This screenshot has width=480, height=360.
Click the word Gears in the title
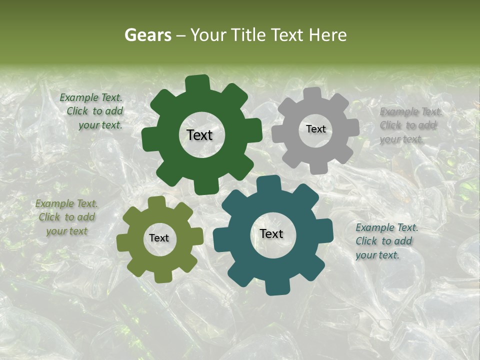147,35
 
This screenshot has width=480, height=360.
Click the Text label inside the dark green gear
199,135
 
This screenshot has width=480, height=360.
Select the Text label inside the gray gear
315,129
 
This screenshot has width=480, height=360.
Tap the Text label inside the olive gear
159,238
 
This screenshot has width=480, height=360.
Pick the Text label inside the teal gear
271,233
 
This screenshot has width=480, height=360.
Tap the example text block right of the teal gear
386,241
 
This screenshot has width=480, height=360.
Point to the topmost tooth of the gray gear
312,93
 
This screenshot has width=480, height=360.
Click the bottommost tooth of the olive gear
161,276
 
